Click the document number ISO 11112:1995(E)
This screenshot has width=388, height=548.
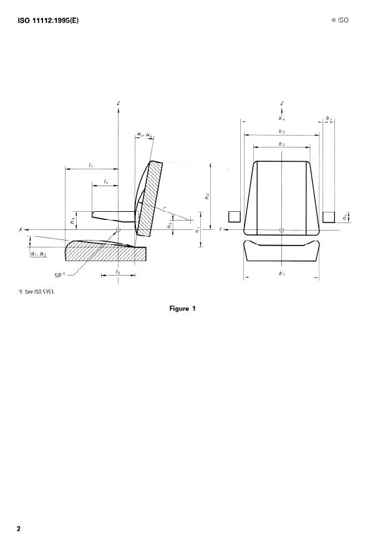[47, 20]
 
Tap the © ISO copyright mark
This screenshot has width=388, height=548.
[340, 20]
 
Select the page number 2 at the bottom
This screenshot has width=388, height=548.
[19, 529]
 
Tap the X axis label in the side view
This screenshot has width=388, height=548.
[22, 230]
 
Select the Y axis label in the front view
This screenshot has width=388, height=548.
[221, 230]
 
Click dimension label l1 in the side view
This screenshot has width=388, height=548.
[91, 165]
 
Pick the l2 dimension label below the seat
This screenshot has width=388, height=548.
[118, 272]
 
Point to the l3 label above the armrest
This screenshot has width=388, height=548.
[106, 181]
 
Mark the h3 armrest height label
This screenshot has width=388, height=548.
[74, 220]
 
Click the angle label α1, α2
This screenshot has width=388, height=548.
[39, 254]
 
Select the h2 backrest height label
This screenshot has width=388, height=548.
[207, 196]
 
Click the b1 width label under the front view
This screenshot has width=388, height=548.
[281, 274]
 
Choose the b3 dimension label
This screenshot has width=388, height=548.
[281, 132]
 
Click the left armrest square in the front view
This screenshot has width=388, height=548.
[234, 217]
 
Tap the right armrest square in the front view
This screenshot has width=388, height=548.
[329, 217]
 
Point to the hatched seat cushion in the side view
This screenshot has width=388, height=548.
[106, 252]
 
